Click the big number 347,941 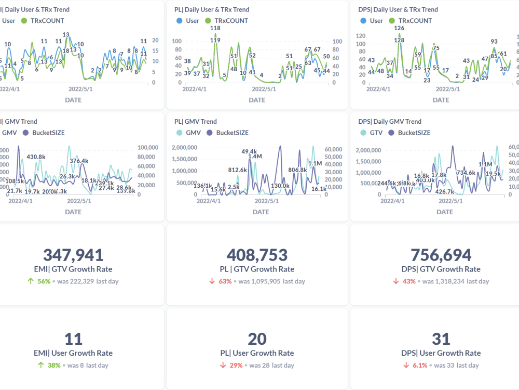73,255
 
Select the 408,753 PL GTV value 257,255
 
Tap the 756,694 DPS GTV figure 441,255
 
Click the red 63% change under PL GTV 224,281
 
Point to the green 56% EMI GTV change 44,281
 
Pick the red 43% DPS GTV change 409,281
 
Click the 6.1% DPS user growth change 420,365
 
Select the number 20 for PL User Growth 257,339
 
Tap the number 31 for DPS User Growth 441,339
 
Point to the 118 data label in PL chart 215,29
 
